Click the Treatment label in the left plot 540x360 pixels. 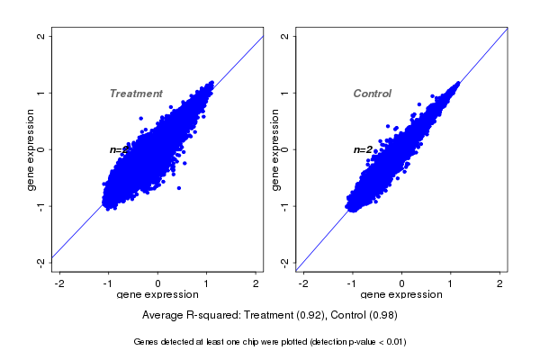(136, 94)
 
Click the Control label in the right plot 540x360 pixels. (372, 94)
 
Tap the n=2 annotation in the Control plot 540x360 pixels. (363, 149)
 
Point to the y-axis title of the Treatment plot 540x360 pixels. (31, 149)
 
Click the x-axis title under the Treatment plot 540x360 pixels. (157, 295)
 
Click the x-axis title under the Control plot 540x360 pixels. (401, 295)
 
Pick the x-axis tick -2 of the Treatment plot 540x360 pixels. (60, 283)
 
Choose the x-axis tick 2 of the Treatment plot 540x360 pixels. (256, 283)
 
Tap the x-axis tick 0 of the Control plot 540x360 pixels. (402, 283)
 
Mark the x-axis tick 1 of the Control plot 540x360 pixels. (451, 283)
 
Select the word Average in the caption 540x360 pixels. (164, 316)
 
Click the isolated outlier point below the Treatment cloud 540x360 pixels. (178, 187)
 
